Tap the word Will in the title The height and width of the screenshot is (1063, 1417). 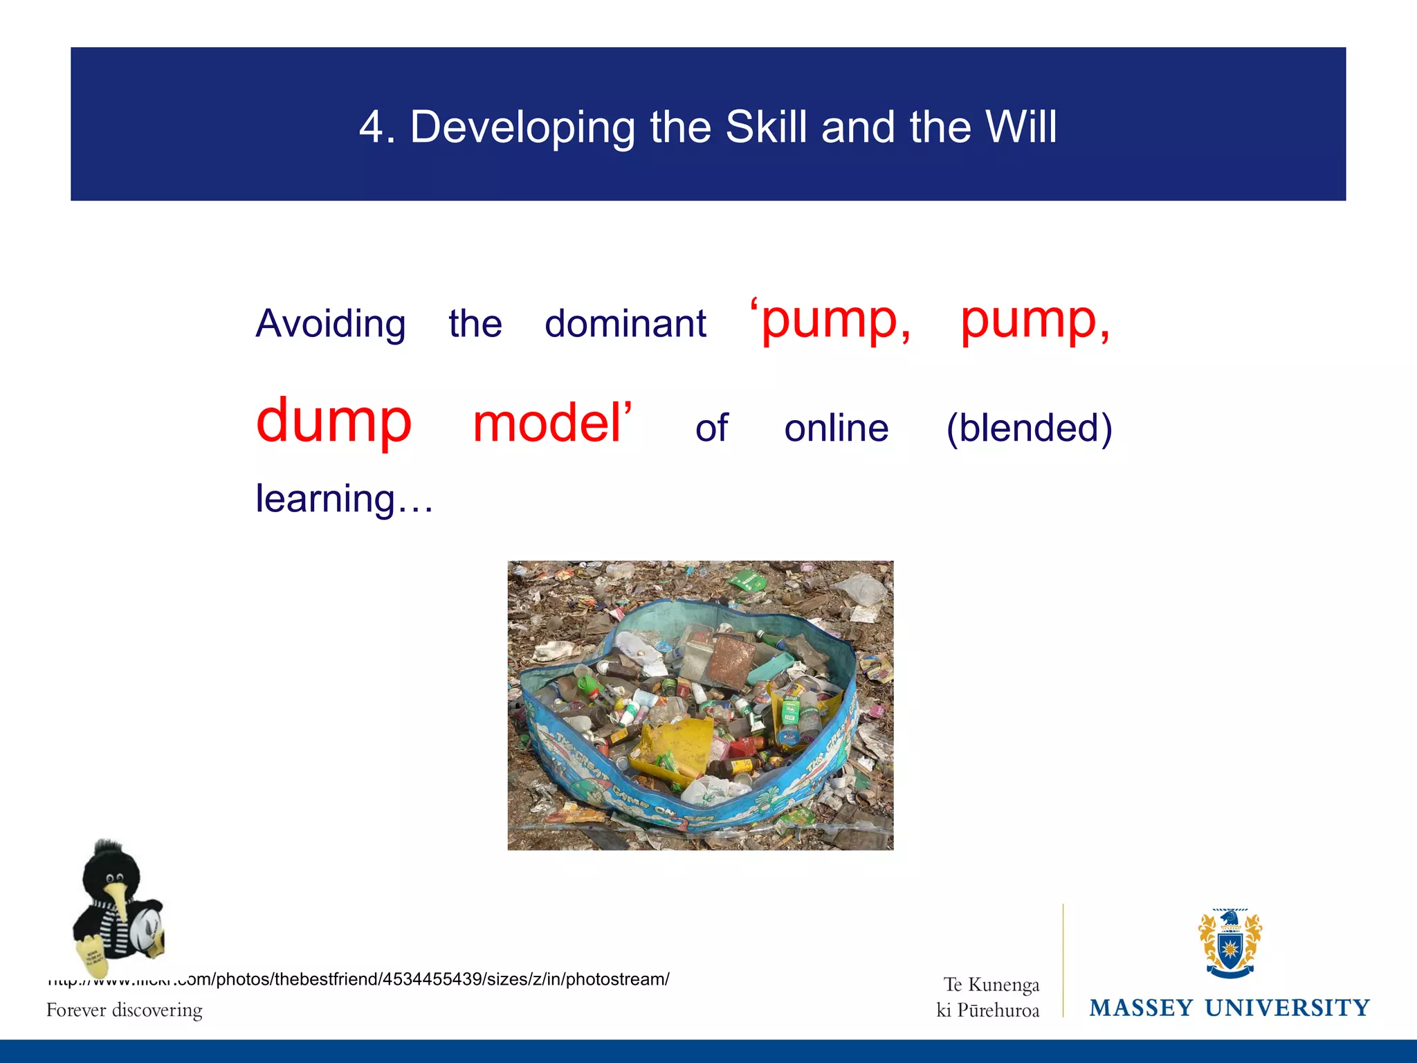(x=1021, y=127)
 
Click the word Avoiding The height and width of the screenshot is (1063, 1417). (x=331, y=324)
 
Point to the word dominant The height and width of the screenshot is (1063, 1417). (x=625, y=324)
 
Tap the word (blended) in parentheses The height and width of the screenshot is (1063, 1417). (x=1029, y=428)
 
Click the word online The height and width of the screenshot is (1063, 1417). (x=836, y=428)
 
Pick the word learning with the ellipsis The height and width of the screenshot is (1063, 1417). (x=344, y=498)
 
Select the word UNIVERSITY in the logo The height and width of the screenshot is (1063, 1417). (x=1287, y=1008)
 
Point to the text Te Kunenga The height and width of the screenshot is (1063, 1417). (x=991, y=984)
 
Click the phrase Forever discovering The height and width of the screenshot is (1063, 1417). (x=125, y=1010)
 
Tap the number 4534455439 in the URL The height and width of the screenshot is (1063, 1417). (x=432, y=979)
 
